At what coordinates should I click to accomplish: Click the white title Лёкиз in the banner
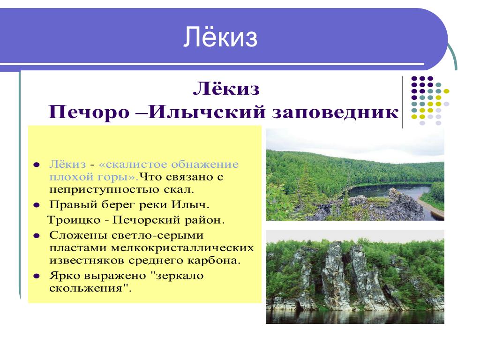click(x=220, y=37)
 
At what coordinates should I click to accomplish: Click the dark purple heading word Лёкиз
click(x=226, y=89)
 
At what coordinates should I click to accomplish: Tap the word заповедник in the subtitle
click(x=336, y=112)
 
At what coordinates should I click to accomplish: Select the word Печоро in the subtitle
click(x=89, y=112)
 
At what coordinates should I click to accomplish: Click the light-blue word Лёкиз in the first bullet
click(x=67, y=164)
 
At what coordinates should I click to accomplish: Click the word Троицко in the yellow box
click(x=74, y=220)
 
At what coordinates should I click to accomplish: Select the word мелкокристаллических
click(x=182, y=247)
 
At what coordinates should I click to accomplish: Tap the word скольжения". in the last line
click(x=90, y=288)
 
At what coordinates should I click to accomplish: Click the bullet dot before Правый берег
click(x=37, y=205)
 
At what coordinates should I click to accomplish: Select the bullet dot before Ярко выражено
click(x=37, y=276)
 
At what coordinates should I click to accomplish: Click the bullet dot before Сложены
click(x=37, y=236)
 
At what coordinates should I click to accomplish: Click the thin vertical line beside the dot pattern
click(x=402, y=102)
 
